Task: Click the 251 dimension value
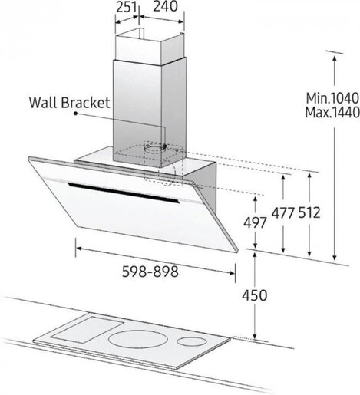click(127, 7)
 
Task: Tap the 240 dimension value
click(165, 6)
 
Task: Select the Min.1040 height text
click(332, 98)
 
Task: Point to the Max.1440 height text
click(332, 112)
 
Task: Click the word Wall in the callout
click(43, 103)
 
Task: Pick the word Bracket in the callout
click(85, 103)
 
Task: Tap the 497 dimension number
click(255, 222)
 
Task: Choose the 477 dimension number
click(283, 213)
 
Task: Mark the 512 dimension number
click(309, 213)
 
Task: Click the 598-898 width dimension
click(150, 272)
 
